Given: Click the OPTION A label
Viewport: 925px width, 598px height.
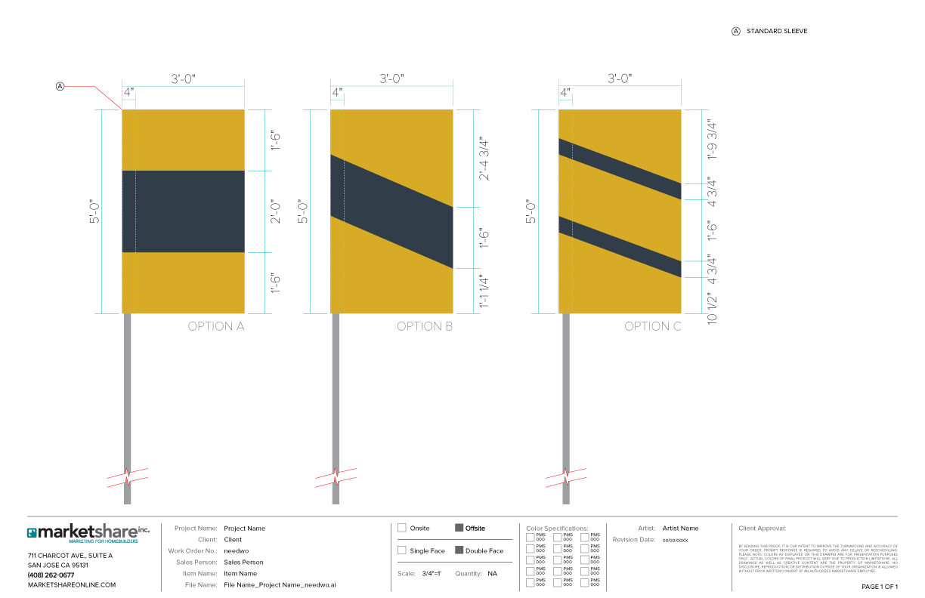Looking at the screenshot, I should click(x=215, y=327).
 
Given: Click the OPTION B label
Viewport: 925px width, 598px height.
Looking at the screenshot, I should click(x=425, y=327).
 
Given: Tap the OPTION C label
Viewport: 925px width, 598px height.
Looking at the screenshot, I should click(x=653, y=327).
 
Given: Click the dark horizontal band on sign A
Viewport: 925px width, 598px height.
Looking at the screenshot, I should click(x=184, y=211).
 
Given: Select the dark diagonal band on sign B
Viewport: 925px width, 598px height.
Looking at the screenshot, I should click(x=391, y=211).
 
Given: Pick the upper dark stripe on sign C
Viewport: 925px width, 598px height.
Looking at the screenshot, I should click(x=620, y=169).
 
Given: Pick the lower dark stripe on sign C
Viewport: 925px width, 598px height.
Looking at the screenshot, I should click(x=620, y=247).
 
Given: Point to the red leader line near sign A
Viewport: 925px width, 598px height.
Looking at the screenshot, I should click(x=91, y=88).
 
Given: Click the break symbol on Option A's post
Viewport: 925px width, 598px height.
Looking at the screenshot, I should click(x=127, y=477).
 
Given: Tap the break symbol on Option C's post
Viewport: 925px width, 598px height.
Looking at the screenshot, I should click(x=566, y=477).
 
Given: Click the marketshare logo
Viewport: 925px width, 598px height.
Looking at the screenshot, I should click(x=88, y=533).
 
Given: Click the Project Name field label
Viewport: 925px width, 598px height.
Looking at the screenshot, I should click(x=196, y=529).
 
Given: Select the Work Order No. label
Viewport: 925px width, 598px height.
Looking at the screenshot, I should click(x=193, y=551).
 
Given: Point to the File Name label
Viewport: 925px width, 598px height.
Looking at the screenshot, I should click(x=201, y=585).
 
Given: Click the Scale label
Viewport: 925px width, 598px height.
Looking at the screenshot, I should click(x=407, y=574).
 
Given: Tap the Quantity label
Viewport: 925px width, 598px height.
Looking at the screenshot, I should click(x=468, y=574).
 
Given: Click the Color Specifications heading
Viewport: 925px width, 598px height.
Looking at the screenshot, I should click(x=557, y=529).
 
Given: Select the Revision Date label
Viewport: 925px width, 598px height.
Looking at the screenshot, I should click(x=634, y=540).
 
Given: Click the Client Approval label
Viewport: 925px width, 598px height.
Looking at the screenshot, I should click(x=762, y=529).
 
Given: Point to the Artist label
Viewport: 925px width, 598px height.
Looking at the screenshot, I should click(x=646, y=529).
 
